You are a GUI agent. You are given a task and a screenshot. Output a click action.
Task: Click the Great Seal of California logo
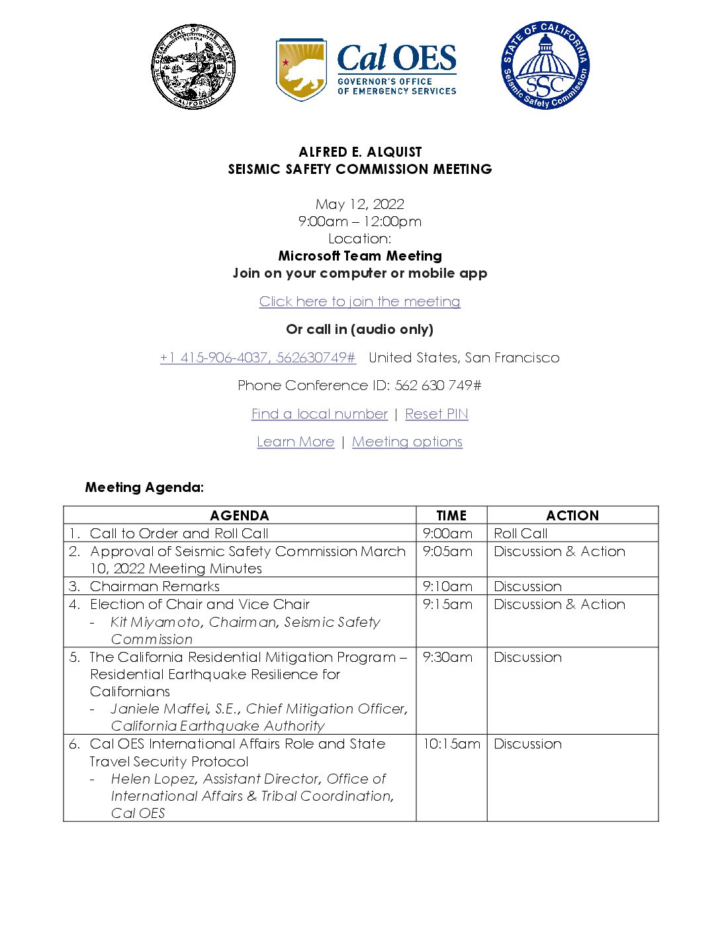(193, 67)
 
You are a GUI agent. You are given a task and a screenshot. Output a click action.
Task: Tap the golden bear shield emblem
(301, 69)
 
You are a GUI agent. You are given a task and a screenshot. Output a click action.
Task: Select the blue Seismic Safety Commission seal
(545, 65)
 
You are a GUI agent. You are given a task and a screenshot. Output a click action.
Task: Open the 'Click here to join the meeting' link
(359, 302)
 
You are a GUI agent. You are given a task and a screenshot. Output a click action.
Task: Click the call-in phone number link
(257, 358)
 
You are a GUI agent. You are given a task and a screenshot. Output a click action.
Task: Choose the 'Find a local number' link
(319, 414)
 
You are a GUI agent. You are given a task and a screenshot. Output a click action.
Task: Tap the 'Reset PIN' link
(436, 414)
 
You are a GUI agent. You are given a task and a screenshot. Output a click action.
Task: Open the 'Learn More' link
(295, 442)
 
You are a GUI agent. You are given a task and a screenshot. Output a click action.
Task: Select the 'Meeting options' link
(407, 442)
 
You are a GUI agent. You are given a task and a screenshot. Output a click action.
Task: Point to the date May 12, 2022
(359, 204)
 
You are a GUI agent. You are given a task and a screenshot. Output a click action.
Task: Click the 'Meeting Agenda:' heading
(144, 487)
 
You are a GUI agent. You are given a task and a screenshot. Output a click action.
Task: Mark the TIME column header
(451, 516)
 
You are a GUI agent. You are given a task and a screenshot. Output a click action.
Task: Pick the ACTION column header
(572, 516)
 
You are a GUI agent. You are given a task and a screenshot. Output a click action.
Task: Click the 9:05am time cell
(447, 551)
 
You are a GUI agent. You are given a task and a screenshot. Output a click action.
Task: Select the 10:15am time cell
(451, 744)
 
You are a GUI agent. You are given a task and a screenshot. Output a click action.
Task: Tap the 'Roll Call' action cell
(521, 534)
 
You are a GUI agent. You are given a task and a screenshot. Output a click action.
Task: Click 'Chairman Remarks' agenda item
(154, 587)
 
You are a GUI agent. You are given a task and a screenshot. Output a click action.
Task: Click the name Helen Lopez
(152, 779)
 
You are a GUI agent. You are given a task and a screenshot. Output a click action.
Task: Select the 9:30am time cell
(447, 657)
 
